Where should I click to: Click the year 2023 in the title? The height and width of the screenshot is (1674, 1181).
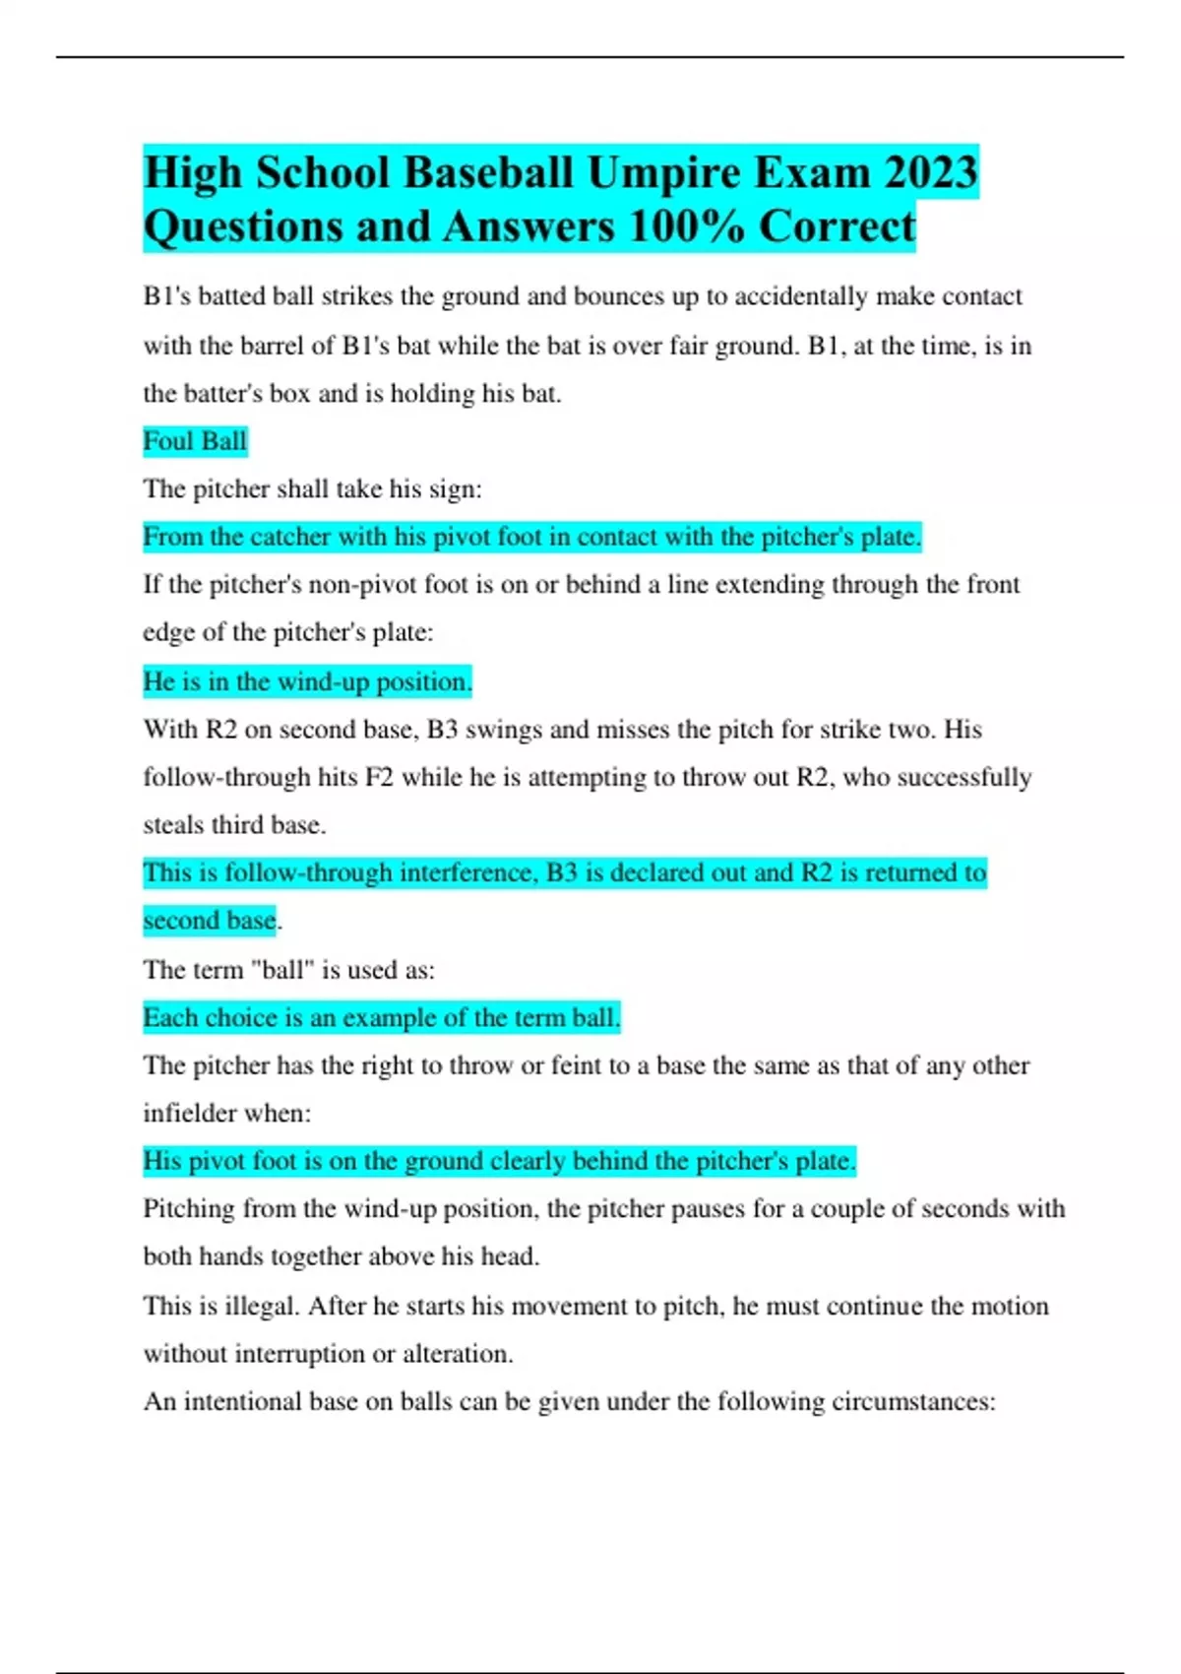[x=930, y=173]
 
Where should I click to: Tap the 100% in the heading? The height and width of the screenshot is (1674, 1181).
[x=685, y=226]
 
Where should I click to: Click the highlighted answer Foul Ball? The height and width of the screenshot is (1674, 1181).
[x=195, y=441]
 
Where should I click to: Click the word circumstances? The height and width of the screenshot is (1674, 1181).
[x=926, y=1402]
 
